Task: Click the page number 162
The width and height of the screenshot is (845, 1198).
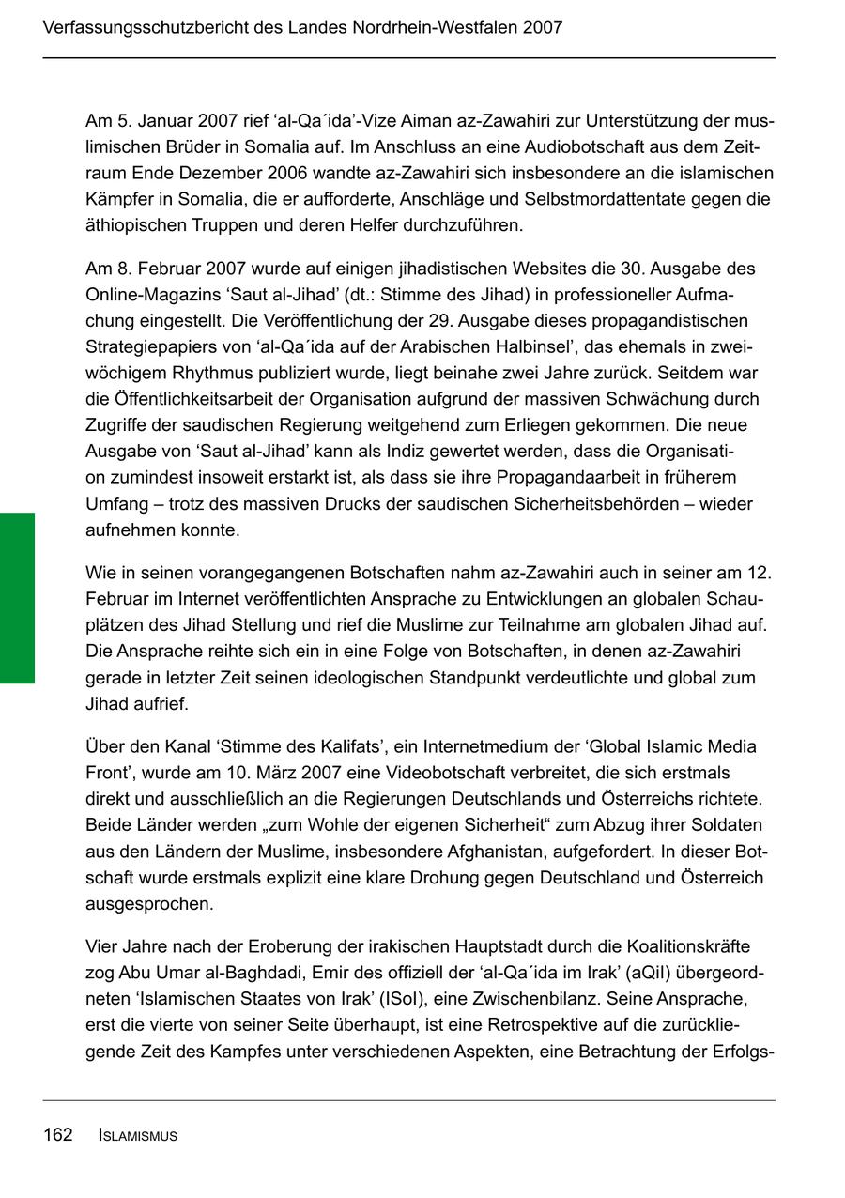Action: coord(57,1135)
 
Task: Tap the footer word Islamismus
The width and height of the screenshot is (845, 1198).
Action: coord(138,1136)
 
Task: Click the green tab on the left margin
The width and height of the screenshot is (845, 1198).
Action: coord(17,598)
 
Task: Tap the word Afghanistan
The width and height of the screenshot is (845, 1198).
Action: coord(545,852)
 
